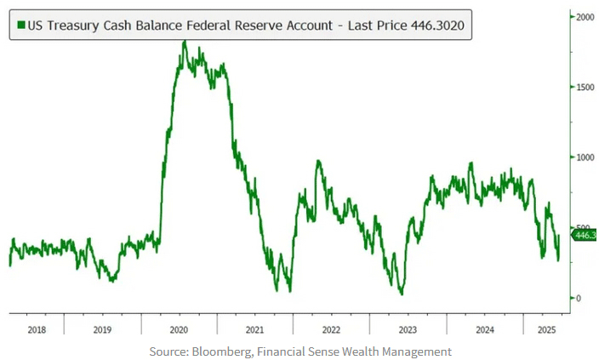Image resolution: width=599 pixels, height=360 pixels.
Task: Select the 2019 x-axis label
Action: pyautogui.click(x=101, y=329)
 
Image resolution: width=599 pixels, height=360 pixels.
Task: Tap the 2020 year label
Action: pyautogui.click(x=178, y=329)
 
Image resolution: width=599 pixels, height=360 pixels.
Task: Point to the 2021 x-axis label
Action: pyautogui.click(x=254, y=329)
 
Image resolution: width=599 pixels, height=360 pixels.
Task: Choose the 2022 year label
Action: pyautogui.click(x=331, y=329)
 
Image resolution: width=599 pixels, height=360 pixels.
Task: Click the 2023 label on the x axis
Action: pyautogui.click(x=408, y=329)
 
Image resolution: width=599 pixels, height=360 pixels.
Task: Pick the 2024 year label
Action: pyautogui.click(x=484, y=329)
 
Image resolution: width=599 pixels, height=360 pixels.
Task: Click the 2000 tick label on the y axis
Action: pyautogui.click(x=584, y=17)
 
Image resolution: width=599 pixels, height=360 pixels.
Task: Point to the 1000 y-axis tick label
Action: pyautogui.click(x=584, y=157)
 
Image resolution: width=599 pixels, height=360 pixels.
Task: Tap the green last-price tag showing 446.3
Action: pyautogui.click(x=585, y=235)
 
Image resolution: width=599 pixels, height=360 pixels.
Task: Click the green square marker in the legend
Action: pyautogui.click(x=20, y=26)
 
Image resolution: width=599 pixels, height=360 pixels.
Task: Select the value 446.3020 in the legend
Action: pyautogui.click(x=436, y=26)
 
